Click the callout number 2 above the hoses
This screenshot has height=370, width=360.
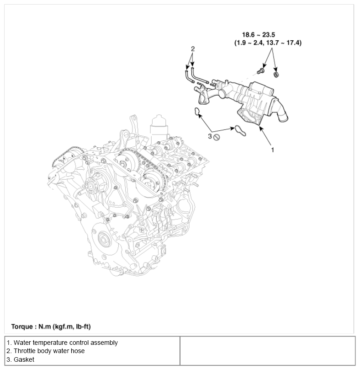[x=193, y=48]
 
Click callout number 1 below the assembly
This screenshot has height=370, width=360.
[x=273, y=150]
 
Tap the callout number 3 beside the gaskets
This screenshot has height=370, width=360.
[x=210, y=136]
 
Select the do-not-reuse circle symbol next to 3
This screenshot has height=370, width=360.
[x=217, y=137]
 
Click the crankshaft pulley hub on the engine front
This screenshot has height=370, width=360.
[x=104, y=239]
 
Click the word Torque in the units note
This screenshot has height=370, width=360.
[x=22, y=327]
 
